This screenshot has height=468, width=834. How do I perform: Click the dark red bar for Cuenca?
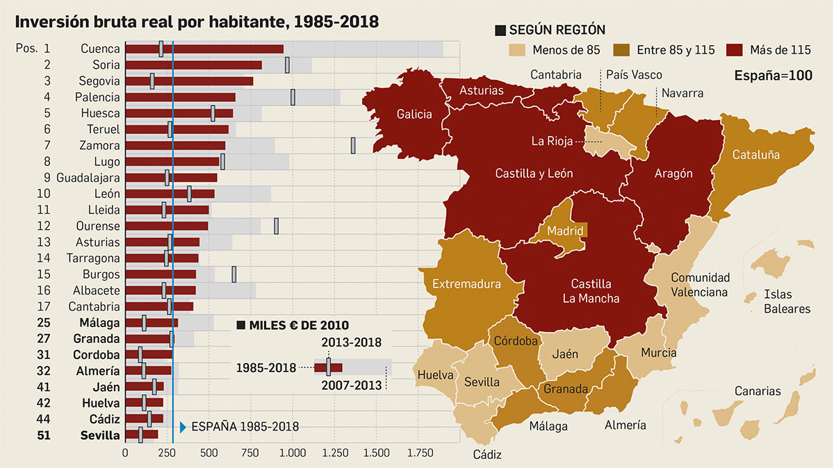point(204,49)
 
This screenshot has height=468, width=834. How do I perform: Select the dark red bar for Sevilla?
point(142,435)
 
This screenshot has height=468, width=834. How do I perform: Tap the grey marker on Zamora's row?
point(353,145)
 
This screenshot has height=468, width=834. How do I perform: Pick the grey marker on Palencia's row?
point(293,97)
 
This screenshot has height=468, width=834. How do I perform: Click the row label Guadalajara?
point(88,178)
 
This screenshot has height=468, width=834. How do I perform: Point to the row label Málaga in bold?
point(99,323)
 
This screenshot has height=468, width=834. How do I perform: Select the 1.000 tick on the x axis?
point(293,453)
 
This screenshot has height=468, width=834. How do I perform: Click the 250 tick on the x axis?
point(166,453)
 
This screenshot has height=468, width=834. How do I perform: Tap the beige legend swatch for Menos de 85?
point(517,50)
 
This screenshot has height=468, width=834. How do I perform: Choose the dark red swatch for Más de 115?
point(734,50)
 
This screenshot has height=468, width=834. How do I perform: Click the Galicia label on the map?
point(414,114)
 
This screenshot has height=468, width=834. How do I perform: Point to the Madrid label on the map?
point(565,231)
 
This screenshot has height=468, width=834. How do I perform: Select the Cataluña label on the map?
point(756,155)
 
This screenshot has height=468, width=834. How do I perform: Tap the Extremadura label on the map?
point(466,284)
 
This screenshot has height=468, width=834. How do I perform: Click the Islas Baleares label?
point(787,301)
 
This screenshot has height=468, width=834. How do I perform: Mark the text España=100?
point(774,76)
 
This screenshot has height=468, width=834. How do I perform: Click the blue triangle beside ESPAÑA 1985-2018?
point(183,427)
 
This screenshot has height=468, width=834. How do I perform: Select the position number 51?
point(44,435)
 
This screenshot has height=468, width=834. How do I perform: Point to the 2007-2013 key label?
point(352,385)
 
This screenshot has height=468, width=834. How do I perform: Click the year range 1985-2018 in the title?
point(336,22)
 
